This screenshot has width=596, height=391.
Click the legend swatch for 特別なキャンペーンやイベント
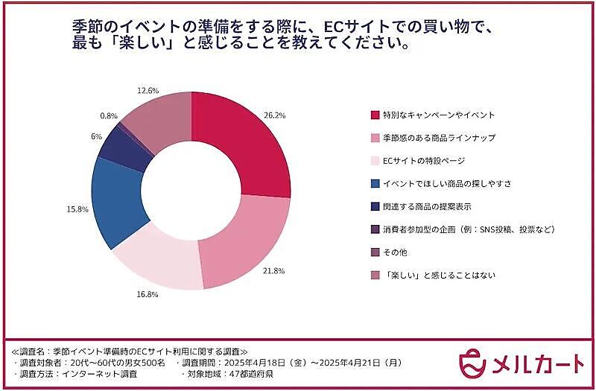[375, 115]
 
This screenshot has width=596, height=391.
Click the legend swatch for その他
[375, 252]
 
